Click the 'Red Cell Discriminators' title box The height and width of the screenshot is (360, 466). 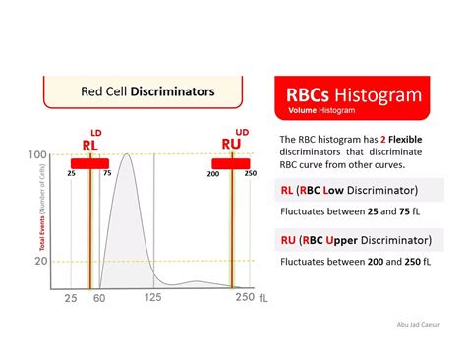(146, 91)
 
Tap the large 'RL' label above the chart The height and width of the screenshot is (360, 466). (89, 144)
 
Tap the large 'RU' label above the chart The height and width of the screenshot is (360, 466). (232, 144)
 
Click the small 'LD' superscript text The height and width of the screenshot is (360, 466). (96, 131)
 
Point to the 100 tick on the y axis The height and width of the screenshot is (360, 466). (39, 155)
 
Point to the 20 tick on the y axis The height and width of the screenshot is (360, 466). (42, 261)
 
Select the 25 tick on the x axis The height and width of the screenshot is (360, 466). (71, 298)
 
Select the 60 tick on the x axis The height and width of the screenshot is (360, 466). (98, 298)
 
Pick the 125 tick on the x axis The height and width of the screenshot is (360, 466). (153, 298)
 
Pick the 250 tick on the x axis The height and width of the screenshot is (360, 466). (244, 298)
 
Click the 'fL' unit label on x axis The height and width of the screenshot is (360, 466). (262, 298)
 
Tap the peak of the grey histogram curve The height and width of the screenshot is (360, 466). (125, 155)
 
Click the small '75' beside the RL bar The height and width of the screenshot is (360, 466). (106, 173)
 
